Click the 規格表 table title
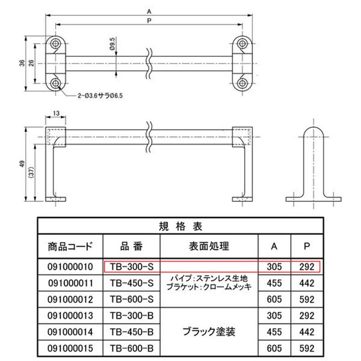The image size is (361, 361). point(180,227)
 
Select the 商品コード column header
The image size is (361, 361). point(70,246)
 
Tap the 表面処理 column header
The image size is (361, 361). point(209,246)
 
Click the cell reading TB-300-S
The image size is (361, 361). point(132,267)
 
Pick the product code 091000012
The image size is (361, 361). point(70,299)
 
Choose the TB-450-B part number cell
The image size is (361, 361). point(132,332)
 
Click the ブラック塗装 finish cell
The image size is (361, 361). point(209,332)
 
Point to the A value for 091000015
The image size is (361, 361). point(274,348)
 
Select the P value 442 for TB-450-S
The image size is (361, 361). point(307,283)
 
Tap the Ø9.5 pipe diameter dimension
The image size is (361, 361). point(112,44)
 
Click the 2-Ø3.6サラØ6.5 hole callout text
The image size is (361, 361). point(100,95)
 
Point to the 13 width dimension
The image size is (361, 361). point(56,113)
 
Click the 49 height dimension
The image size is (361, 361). point(22,164)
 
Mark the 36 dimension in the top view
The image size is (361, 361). point(22,63)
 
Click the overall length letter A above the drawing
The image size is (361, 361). point(149,11)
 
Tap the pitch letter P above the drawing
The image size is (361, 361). point(149,21)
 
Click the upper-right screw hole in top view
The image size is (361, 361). point(242,43)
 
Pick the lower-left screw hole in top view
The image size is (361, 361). point(55,83)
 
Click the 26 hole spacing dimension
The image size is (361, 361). point(32,63)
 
